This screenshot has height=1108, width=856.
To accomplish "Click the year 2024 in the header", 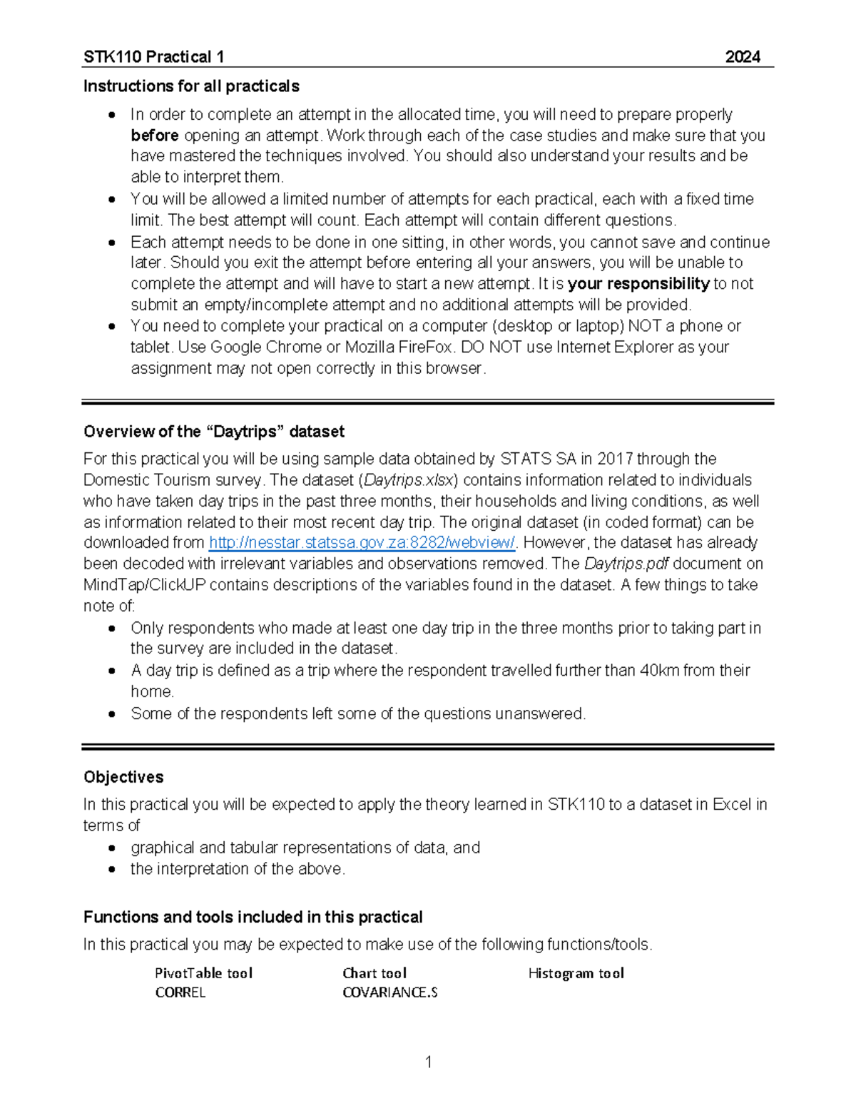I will (x=742, y=57).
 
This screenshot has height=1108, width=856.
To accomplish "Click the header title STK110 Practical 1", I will (x=153, y=57).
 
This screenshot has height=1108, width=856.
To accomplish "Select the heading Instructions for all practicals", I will (x=191, y=86).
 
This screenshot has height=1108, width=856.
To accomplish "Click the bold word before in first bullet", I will (x=154, y=136).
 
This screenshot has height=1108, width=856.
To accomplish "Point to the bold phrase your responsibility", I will (x=638, y=284).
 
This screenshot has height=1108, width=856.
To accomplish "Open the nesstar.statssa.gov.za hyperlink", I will (x=362, y=543).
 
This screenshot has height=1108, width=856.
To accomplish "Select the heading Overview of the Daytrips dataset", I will (x=213, y=432).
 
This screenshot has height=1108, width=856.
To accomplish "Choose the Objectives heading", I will (x=123, y=777).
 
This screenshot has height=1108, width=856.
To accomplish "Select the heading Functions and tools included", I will (x=253, y=917).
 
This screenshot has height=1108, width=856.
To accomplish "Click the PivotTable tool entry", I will (x=203, y=973).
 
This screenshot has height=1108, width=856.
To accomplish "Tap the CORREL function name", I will (x=180, y=992).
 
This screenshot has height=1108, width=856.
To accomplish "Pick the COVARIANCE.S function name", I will (x=389, y=992).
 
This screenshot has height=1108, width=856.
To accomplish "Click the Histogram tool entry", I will (x=576, y=973).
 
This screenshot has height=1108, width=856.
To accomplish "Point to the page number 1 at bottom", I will (x=428, y=1062).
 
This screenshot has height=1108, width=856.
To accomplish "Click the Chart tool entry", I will (x=374, y=973).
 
